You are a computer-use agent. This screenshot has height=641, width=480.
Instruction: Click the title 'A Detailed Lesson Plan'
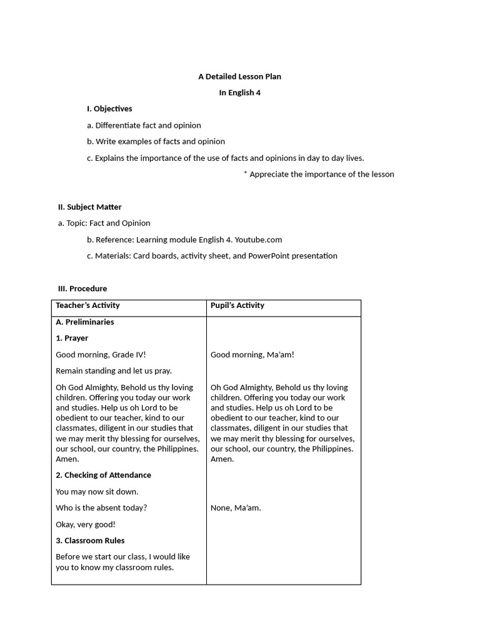(239, 76)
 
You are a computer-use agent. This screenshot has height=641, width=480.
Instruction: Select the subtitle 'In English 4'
(239, 93)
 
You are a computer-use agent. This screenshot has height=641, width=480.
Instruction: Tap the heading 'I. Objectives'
(109, 109)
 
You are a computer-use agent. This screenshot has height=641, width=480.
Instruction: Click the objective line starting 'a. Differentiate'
(144, 125)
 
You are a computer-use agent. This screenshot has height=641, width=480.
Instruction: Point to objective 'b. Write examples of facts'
(156, 141)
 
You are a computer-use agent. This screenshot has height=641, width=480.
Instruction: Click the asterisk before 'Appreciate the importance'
(246, 173)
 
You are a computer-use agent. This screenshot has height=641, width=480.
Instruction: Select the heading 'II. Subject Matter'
(89, 207)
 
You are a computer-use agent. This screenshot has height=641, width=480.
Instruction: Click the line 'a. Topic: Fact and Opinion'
(104, 223)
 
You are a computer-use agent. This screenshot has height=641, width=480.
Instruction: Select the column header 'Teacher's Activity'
(87, 305)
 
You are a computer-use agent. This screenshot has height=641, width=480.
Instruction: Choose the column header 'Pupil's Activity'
(237, 305)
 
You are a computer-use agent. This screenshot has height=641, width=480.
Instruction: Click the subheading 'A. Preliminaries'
(85, 322)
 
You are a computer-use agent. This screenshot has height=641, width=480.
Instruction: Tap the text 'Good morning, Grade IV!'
(100, 355)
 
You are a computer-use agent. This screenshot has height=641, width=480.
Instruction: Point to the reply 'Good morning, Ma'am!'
(252, 355)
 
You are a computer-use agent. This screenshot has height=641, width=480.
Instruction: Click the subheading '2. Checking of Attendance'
(103, 475)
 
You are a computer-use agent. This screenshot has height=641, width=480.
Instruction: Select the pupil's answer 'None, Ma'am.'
(236, 508)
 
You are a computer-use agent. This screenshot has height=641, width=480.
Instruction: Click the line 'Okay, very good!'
(86, 525)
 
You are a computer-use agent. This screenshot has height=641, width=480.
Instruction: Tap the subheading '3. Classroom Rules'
(90, 540)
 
